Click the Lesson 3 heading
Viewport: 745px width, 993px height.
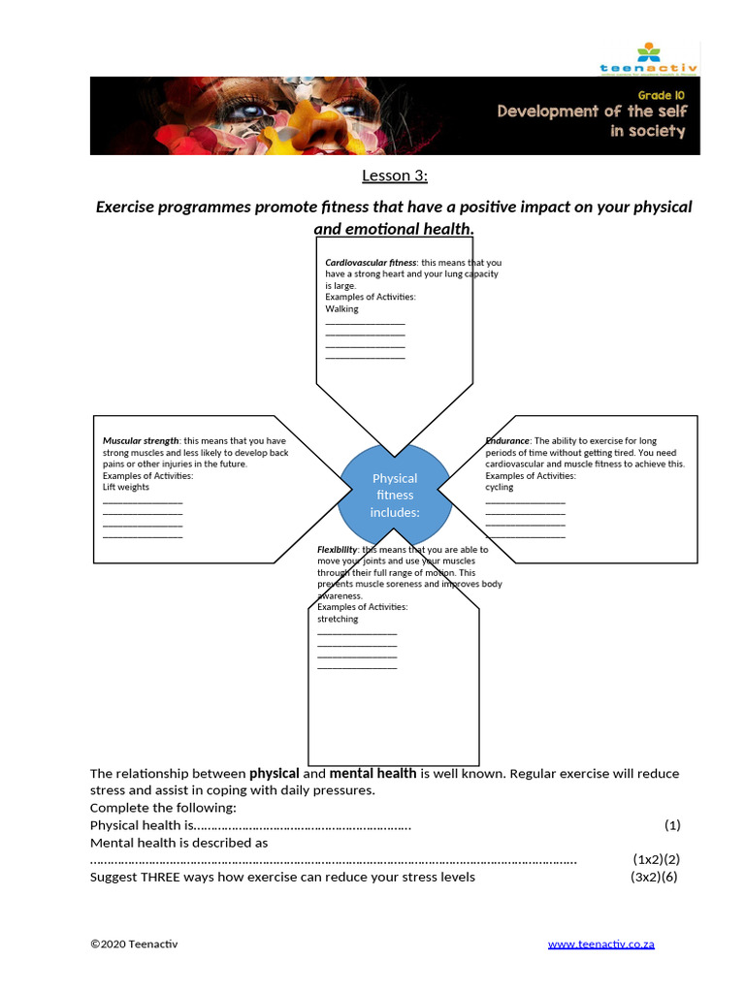pos(395,176)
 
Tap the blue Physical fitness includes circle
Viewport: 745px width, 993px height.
pos(395,495)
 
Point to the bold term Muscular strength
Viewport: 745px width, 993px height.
pos(141,441)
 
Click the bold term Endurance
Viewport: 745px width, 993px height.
pos(507,441)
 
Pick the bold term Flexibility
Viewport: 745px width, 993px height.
pos(337,550)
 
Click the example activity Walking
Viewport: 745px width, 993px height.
pos(341,309)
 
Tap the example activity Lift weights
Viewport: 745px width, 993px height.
pos(126,488)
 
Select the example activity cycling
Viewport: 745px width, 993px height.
pos(500,488)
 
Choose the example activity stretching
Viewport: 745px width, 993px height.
pos(338,619)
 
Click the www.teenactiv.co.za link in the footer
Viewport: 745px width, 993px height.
pos(600,945)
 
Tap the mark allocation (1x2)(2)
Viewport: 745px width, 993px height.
pos(657,860)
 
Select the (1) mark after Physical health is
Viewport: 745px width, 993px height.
pos(672,825)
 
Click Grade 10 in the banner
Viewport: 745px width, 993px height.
pos(662,95)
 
